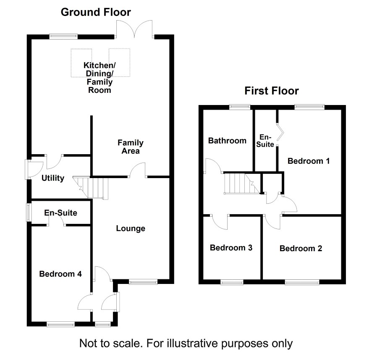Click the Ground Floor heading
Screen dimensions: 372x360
click(x=96, y=12)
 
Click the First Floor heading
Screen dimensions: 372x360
click(x=272, y=91)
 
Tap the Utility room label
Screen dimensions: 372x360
click(x=52, y=178)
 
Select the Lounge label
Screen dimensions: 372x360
click(x=131, y=228)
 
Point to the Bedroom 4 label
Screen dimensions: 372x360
click(x=60, y=274)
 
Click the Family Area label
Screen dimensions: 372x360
click(x=131, y=147)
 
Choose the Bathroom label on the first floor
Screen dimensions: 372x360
click(x=227, y=140)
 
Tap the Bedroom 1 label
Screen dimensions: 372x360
click(x=309, y=161)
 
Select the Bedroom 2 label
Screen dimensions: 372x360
click(x=301, y=248)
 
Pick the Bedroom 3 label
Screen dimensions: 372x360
click(x=231, y=247)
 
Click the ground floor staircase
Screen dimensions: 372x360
click(x=91, y=187)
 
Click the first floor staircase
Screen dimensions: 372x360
click(x=242, y=184)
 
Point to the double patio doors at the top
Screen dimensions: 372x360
click(x=134, y=29)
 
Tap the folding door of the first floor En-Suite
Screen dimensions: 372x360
click(x=280, y=132)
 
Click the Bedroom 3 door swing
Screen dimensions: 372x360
click(x=220, y=222)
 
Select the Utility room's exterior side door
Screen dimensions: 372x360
click(x=34, y=169)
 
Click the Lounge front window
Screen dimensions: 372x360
click(x=143, y=282)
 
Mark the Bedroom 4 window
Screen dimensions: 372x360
click(x=61, y=324)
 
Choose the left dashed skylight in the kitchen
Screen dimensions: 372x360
click(x=81, y=63)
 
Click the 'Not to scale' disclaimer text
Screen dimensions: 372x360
click(x=186, y=343)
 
